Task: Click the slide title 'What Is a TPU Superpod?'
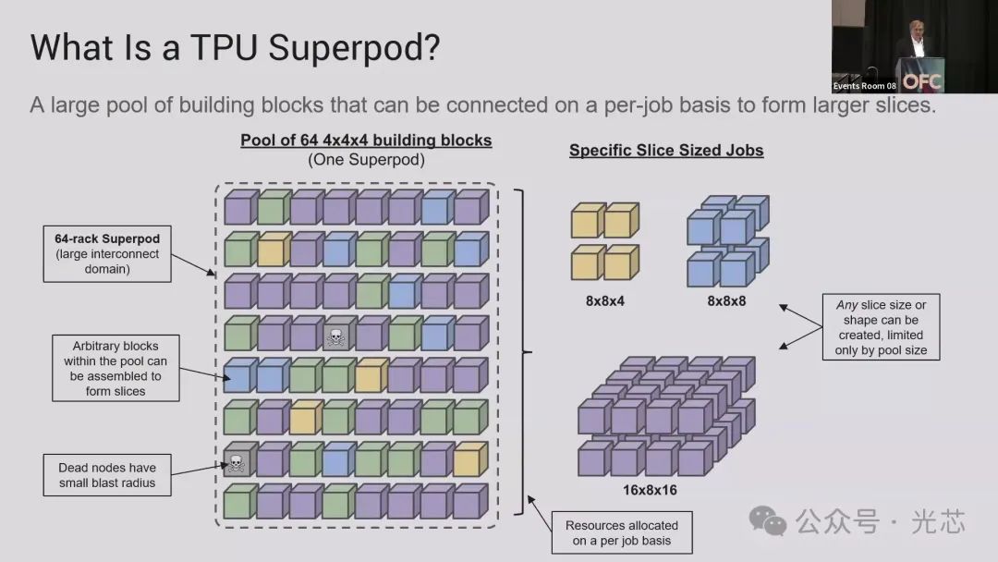pos(235,49)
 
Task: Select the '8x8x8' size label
pos(726,300)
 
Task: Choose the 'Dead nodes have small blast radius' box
pos(107,475)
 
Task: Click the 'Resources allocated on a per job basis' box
pos(622,532)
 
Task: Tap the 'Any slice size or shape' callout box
pos(881,327)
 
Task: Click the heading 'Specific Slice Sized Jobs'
pos(666,150)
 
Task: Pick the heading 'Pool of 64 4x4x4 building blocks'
pos(366,140)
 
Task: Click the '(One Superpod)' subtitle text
pos(366,159)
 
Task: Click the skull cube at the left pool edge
pos(237,461)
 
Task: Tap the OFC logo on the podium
pos(921,80)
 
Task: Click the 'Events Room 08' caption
pos(865,86)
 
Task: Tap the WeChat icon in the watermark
pos(769,522)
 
